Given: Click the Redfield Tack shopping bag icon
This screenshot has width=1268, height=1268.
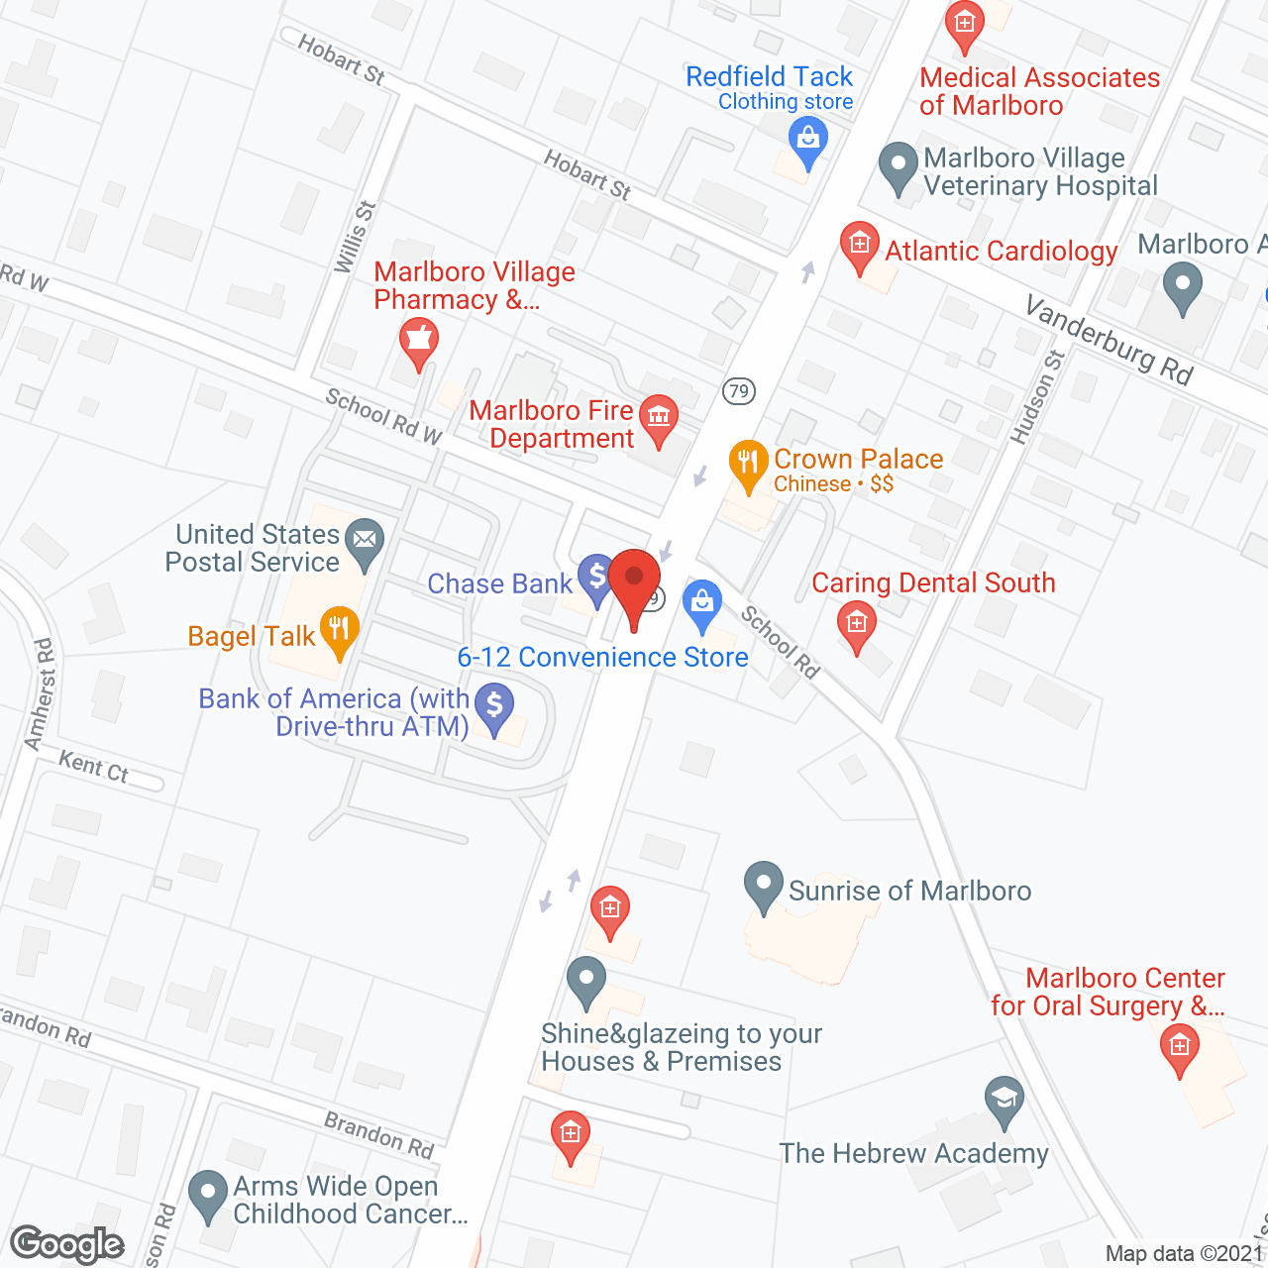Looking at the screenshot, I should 808,140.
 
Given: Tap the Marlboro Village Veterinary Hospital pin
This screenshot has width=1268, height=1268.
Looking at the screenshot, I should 898,166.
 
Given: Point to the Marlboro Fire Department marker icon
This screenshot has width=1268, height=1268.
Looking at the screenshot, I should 658,417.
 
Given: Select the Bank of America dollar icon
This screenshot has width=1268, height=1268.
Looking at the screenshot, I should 493,707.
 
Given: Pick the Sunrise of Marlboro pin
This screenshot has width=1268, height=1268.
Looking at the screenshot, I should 763,885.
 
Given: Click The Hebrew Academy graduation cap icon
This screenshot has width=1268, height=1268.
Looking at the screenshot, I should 1004,1099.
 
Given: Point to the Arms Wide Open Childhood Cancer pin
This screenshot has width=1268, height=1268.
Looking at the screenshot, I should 207,1194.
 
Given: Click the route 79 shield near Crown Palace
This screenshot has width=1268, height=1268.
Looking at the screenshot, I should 738,390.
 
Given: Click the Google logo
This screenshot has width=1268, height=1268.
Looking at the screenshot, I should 67,1244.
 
